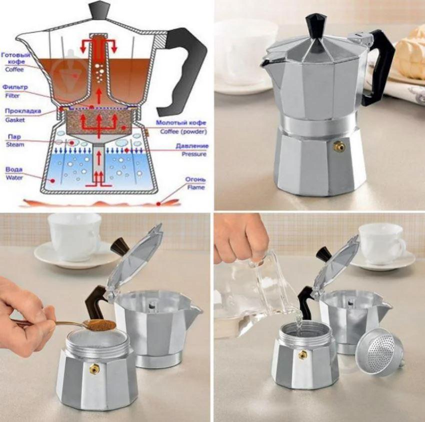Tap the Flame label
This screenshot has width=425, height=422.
[x=195, y=187]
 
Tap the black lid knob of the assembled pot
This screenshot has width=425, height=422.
[x=316, y=27]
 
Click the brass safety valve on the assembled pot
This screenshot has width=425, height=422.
[x=339, y=146]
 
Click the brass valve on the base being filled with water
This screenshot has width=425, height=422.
[x=302, y=355]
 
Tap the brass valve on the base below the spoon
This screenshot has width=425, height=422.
[x=94, y=369]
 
